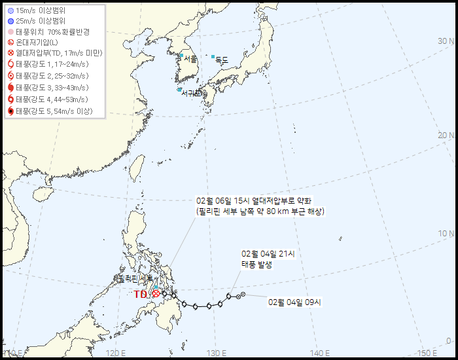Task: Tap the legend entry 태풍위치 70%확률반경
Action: click(52, 32)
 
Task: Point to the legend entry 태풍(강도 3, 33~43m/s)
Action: click(52, 88)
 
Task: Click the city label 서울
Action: click(190, 60)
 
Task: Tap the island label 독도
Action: click(222, 60)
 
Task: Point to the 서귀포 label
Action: click(193, 93)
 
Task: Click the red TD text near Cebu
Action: click(141, 295)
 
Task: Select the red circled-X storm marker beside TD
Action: click(155, 295)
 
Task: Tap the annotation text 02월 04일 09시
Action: click(294, 302)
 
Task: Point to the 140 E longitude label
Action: click(320, 353)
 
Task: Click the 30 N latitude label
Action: click(446, 41)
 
